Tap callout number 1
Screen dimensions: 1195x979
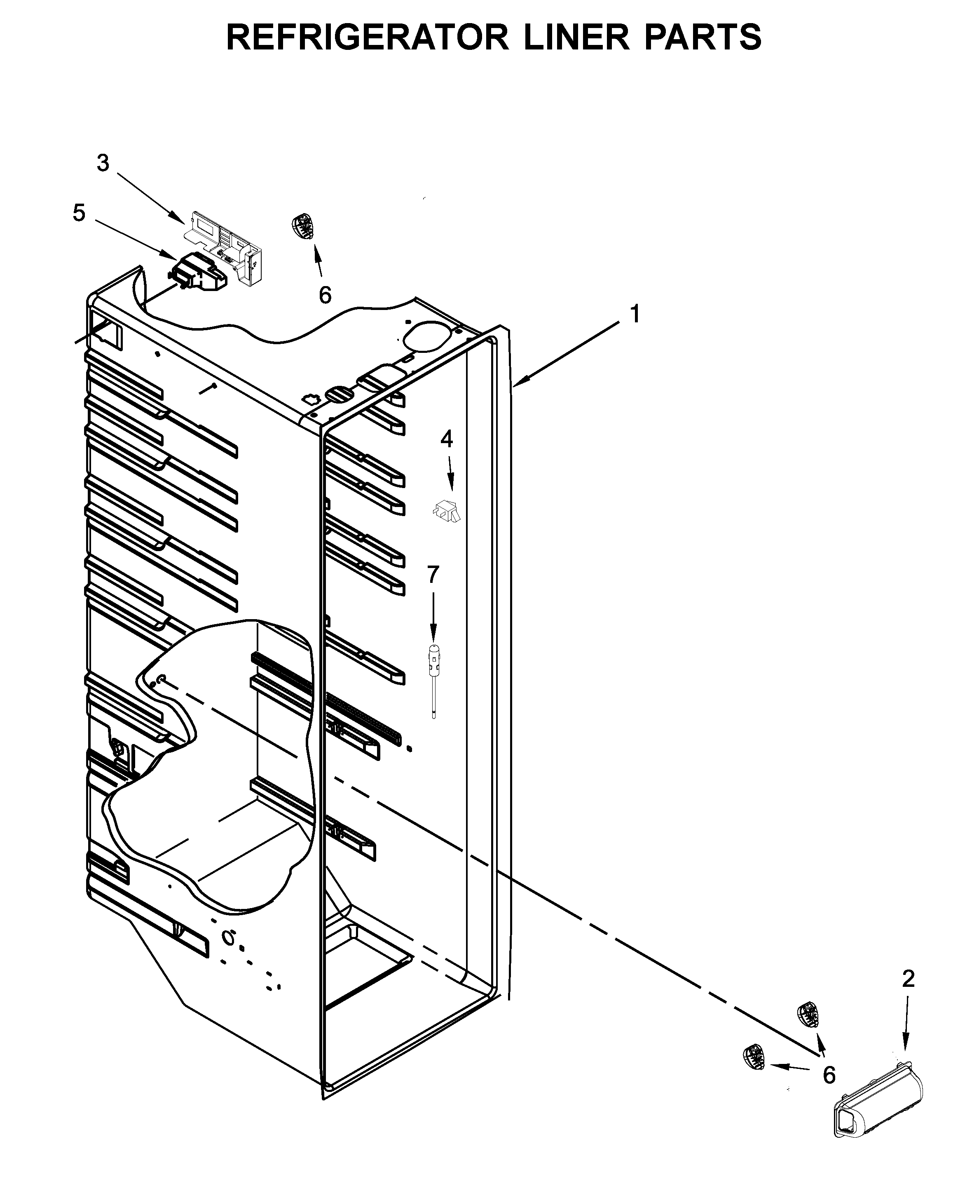point(635,314)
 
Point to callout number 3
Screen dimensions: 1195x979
point(103,163)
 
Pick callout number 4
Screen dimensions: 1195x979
point(446,439)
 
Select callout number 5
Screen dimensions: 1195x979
point(79,213)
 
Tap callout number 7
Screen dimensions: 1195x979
point(433,574)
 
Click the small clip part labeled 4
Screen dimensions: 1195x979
point(447,509)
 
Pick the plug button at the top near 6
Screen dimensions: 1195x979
point(303,226)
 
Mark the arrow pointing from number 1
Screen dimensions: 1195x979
point(569,353)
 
